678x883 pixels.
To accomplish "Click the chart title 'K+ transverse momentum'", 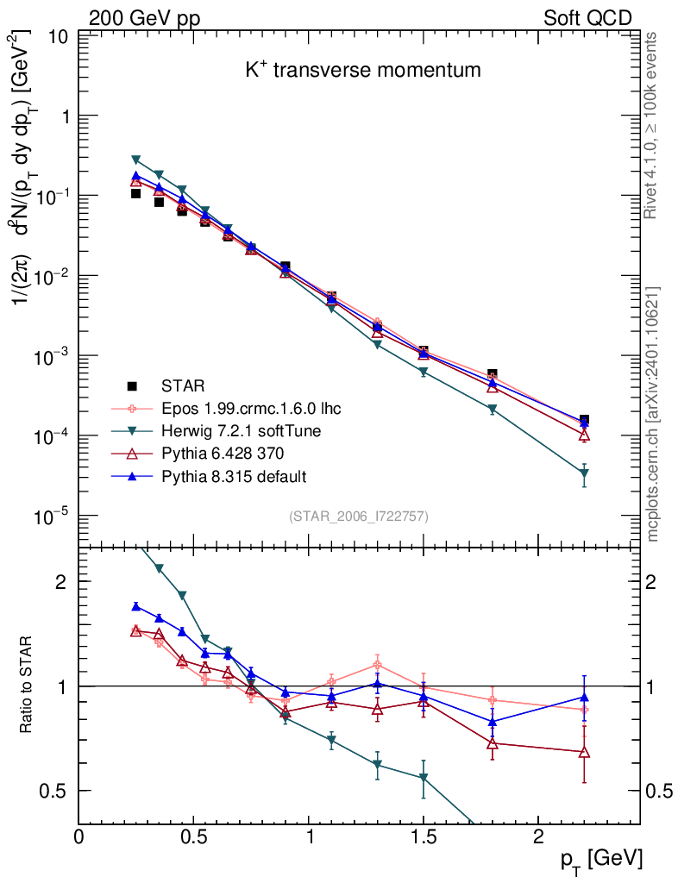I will tap(362, 71).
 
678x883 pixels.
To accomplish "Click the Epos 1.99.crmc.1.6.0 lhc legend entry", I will tap(233, 408).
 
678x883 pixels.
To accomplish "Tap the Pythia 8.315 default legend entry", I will tap(221, 476).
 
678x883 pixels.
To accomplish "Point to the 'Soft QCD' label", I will tap(587, 17).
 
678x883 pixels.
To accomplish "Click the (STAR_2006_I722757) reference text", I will tap(359, 517).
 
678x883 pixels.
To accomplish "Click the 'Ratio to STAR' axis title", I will tap(28, 686).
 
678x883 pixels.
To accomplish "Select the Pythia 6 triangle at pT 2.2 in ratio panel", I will tap(584, 752).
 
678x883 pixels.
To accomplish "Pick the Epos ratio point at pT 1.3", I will tap(377, 664).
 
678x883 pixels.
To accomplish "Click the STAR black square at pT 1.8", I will tap(492, 373).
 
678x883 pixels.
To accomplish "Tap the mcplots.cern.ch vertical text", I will tap(654, 414).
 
